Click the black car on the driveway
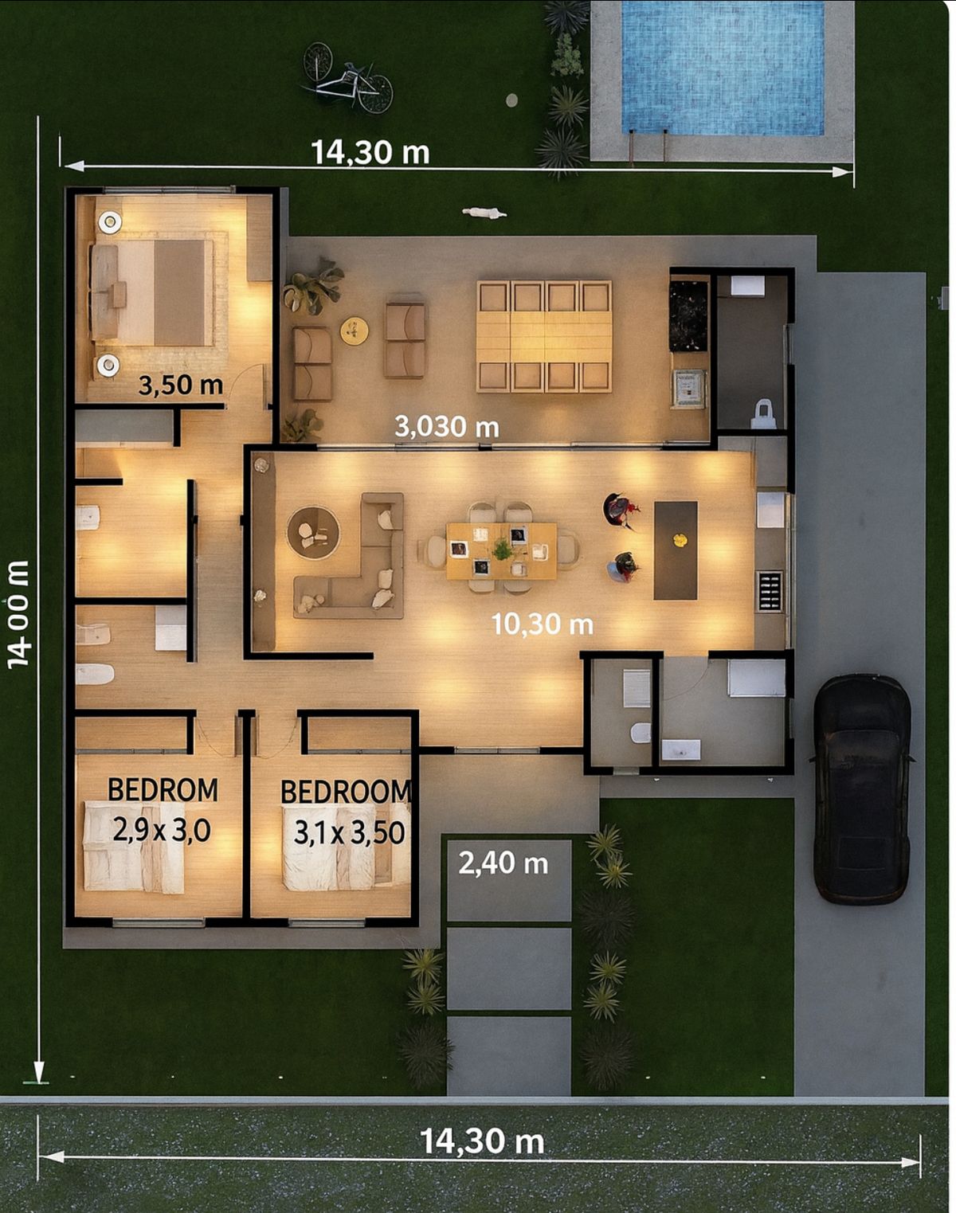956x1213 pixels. pos(861,788)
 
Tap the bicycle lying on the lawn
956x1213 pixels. pos(347,79)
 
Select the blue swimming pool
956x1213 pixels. pos(723,68)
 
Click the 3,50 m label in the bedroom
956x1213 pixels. pos(181,385)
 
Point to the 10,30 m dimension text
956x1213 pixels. pos(542,624)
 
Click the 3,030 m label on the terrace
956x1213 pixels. pos(447,427)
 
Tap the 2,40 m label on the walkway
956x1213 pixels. pos(503,863)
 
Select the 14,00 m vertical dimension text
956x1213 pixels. pos(18,615)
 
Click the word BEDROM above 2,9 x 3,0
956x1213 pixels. pos(163,790)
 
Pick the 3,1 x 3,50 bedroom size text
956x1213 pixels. pos(349,833)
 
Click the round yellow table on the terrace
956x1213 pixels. pos(355,331)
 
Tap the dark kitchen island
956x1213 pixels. pos(676,550)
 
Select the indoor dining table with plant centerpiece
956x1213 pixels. pos(501,550)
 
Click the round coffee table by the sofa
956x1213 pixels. pos(313,533)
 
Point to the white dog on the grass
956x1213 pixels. pos(484,213)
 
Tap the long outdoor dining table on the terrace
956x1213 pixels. pos(544,337)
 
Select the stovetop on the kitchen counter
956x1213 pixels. pos(770,591)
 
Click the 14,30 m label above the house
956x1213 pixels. pos(370,152)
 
